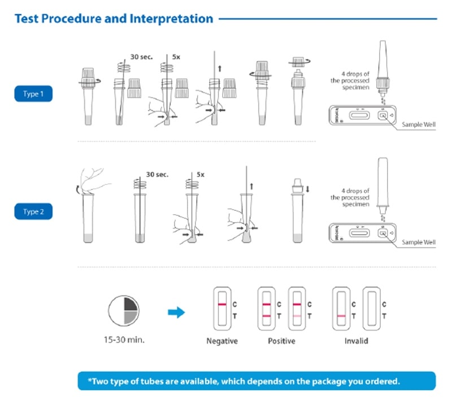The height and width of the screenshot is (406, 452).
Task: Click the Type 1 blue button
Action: (33, 94)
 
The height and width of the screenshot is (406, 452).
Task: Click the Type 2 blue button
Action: (33, 212)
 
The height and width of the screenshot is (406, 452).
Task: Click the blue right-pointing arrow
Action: (177, 312)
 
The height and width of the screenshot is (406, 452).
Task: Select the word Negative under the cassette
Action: (222, 341)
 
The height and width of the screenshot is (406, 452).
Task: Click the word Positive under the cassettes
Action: (281, 341)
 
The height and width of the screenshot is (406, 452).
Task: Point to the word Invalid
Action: (357, 341)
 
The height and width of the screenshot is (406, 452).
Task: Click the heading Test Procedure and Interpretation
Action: (114, 19)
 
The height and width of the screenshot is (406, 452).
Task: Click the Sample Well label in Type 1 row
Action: (419, 125)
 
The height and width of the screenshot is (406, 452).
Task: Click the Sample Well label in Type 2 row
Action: (419, 242)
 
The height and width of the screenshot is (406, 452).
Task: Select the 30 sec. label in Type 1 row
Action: (141, 57)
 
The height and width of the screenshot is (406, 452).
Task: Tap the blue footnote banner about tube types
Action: (257, 381)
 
